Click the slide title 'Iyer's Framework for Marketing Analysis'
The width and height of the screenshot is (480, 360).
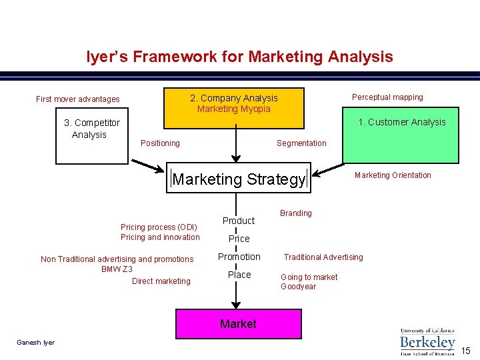click(x=239, y=57)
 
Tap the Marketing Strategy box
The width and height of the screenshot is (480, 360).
click(x=239, y=179)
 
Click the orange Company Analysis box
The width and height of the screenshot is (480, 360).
click(x=234, y=107)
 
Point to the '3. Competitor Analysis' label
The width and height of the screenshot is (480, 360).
click(x=91, y=129)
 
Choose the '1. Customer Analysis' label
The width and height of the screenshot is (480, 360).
click(x=401, y=122)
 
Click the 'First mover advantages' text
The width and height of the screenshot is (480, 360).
click(x=78, y=99)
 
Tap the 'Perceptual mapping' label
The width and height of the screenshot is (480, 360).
click(x=387, y=97)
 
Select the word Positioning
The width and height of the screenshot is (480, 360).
click(x=160, y=143)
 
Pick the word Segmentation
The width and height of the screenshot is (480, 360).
click(x=301, y=143)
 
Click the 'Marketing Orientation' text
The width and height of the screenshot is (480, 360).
click(x=393, y=175)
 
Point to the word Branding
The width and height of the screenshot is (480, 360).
click(x=295, y=213)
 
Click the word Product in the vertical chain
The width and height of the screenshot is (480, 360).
click(x=239, y=221)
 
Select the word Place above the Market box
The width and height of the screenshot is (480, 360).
click(x=239, y=275)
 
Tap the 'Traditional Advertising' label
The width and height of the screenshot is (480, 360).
click(x=323, y=257)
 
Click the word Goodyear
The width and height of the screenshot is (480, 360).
click(x=298, y=287)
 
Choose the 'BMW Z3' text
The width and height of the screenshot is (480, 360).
click(x=117, y=269)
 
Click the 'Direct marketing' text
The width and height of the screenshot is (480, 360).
click(x=161, y=281)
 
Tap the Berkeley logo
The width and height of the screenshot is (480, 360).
click(x=427, y=341)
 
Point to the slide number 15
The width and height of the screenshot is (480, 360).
click(x=466, y=351)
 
